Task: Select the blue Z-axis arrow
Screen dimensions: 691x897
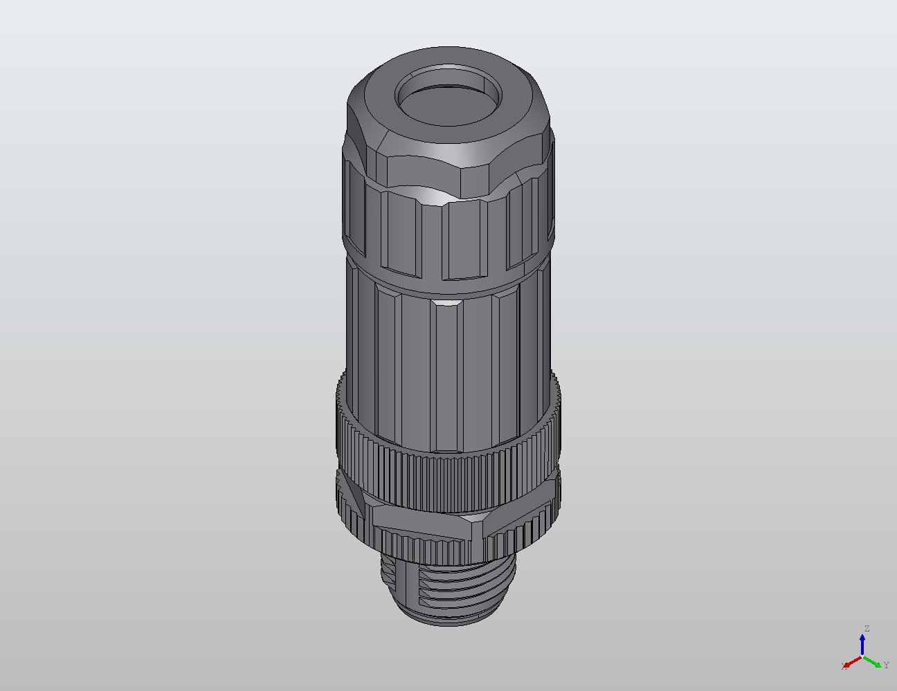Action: point(862,644)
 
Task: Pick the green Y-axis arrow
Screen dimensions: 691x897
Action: point(873,661)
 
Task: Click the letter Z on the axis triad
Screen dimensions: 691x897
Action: point(867,628)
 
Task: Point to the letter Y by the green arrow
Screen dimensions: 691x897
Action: point(886,665)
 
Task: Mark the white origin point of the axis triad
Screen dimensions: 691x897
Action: point(862,656)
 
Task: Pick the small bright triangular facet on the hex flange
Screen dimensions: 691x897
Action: point(475,517)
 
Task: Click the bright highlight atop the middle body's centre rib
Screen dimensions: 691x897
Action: point(444,302)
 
